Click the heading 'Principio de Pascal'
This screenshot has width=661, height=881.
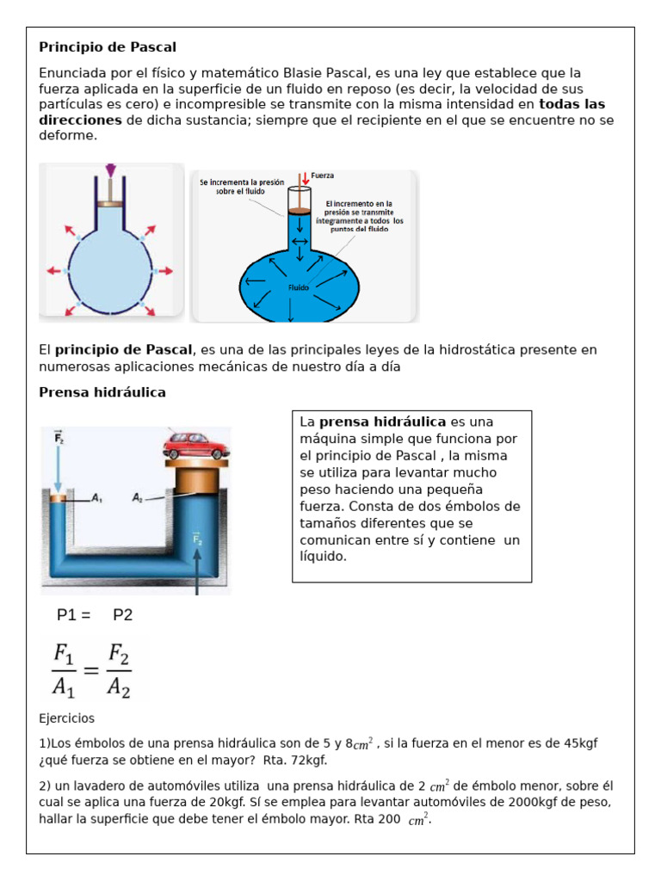[x=108, y=46]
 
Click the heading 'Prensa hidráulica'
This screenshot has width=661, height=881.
[x=102, y=392]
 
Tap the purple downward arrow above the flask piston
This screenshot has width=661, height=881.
[x=109, y=170]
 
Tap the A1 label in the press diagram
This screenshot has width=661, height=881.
[x=96, y=497]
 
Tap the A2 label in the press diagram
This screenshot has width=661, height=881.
[x=138, y=497]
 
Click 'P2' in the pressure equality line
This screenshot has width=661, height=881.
[x=123, y=615]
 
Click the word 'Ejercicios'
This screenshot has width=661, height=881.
[x=67, y=718]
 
